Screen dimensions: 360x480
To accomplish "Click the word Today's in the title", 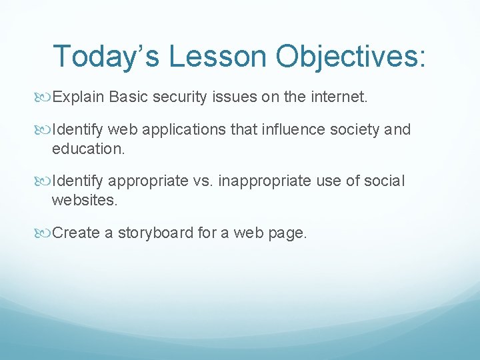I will click(107, 57).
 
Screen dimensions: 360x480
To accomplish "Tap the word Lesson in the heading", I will click(218, 57).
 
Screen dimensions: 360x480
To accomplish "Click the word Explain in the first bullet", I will click(78, 97).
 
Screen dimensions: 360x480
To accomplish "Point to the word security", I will click(176, 97).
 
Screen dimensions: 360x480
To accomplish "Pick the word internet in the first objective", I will click(337, 97).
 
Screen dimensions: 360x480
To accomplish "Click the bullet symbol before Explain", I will click(45, 98).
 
